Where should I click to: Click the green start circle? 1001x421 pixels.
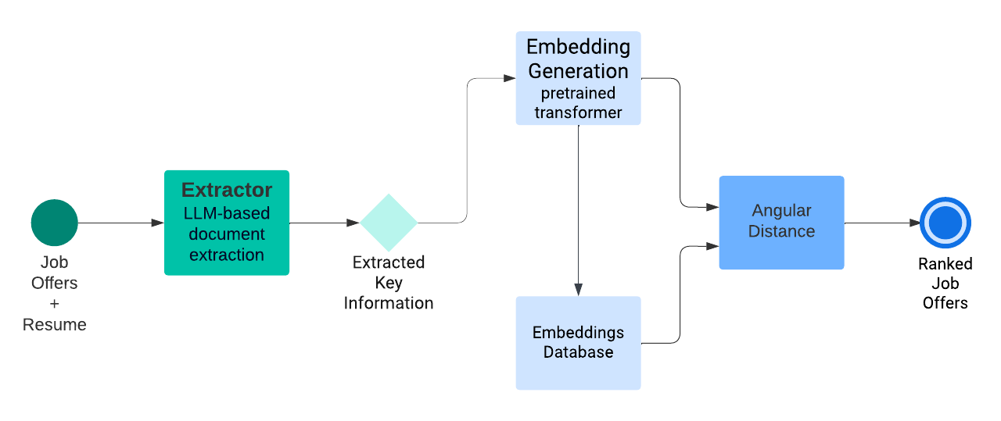(54, 223)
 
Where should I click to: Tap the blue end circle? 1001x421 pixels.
(945, 223)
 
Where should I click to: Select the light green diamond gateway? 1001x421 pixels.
(389, 223)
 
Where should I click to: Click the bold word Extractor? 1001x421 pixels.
(227, 190)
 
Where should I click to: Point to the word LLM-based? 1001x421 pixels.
(227, 213)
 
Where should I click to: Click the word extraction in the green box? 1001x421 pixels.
(227, 255)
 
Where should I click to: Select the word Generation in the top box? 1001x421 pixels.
(578, 71)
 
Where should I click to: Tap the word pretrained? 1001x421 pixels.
(578, 93)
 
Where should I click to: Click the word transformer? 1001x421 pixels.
(578, 112)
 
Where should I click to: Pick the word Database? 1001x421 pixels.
(578, 352)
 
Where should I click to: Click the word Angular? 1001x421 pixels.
(781, 211)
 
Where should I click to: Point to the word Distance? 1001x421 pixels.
(781, 231)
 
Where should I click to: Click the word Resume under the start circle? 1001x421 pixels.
(54, 325)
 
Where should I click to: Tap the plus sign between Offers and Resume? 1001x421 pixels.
(54, 304)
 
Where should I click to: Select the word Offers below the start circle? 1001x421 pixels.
(54, 283)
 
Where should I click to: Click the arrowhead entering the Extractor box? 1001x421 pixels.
(158, 223)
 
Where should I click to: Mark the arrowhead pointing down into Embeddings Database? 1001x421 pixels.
(578, 291)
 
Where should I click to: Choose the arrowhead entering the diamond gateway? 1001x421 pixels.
(353, 223)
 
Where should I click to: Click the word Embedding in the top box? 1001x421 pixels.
(578, 47)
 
